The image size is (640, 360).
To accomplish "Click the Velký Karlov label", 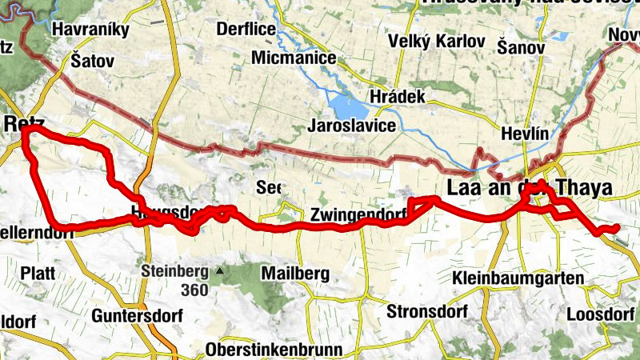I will [436, 41].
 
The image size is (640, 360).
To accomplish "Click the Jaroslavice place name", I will [352, 126].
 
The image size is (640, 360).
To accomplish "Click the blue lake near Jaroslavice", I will [343, 105].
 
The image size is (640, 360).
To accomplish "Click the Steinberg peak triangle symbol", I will [218, 270].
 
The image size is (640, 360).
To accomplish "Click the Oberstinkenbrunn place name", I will [274, 350].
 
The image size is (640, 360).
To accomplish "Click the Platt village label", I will [38, 273].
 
